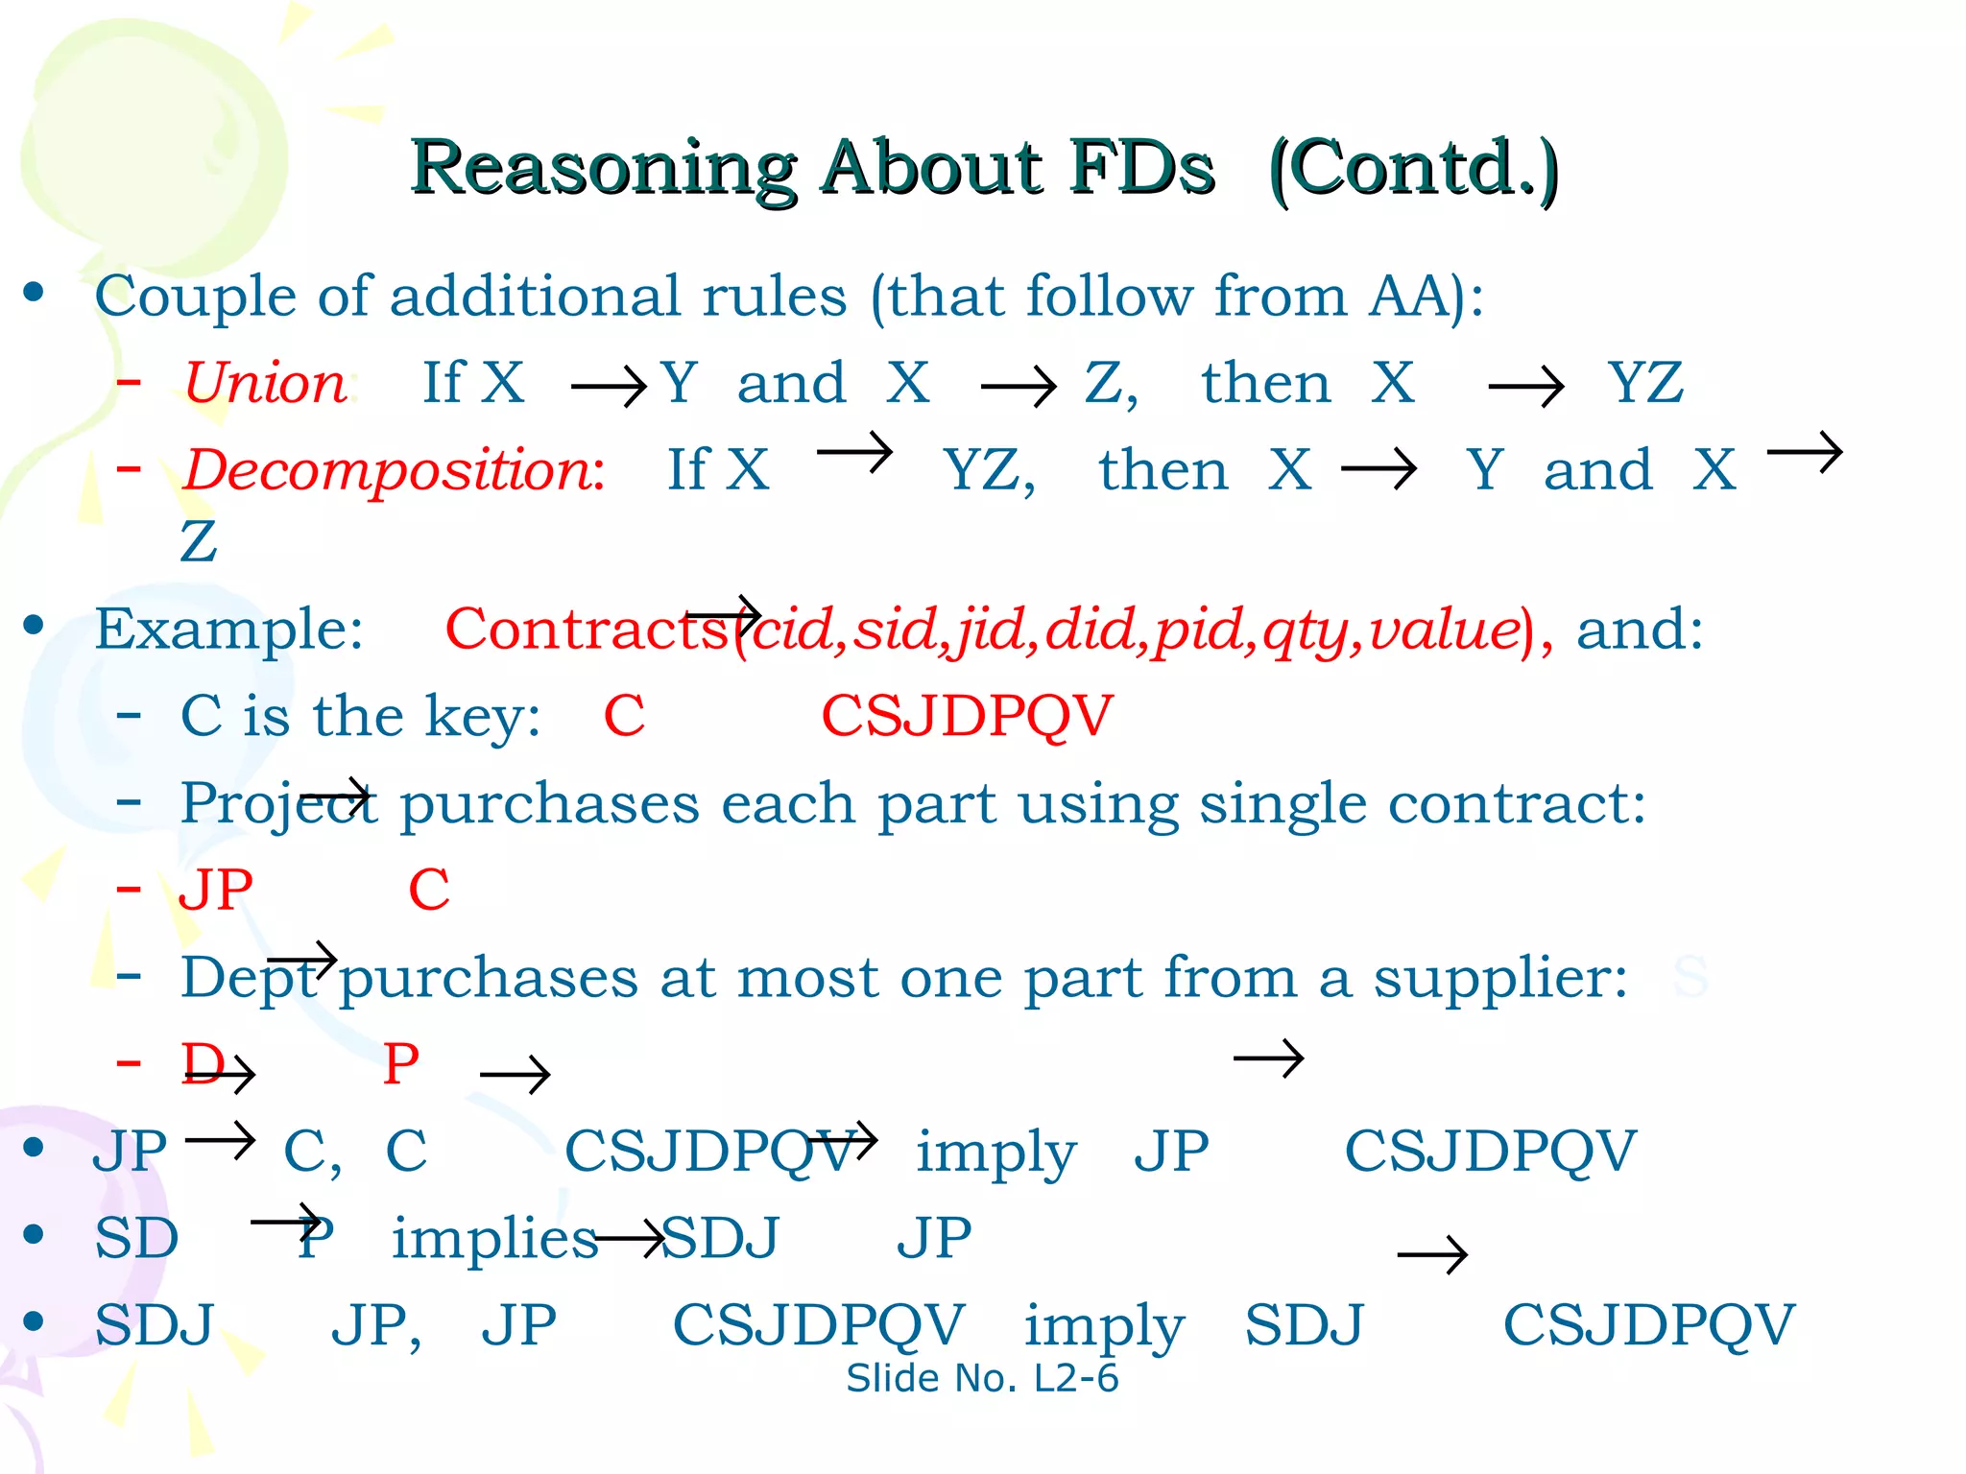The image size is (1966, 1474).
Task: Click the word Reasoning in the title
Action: pos(603,169)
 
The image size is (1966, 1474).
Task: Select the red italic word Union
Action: pos(265,383)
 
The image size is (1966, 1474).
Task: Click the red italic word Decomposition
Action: pos(391,470)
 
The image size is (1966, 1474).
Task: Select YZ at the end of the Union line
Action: pos(1645,383)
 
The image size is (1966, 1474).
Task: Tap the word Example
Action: pos(228,630)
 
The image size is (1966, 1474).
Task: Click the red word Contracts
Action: pos(586,630)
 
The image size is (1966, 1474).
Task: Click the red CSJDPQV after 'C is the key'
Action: pos(967,716)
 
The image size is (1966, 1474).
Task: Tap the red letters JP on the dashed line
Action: pos(216,890)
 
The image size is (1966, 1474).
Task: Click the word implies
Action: pos(494,1238)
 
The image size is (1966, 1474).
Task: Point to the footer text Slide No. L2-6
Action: pos(982,1379)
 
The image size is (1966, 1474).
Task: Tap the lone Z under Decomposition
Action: pos(199,541)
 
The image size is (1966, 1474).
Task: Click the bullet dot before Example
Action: pos(35,625)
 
